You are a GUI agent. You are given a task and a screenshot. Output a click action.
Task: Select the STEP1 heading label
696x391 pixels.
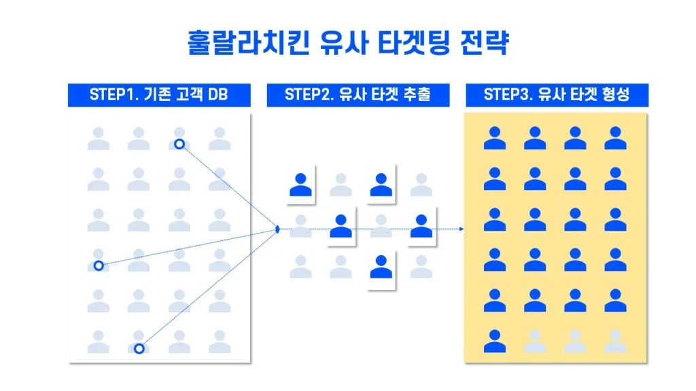click(158, 95)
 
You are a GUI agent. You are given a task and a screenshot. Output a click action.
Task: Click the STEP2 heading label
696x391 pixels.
click(358, 95)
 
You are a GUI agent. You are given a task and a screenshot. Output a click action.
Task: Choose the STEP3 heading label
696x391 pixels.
click(556, 95)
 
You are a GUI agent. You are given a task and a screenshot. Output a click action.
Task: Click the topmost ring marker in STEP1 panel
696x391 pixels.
click(179, 144)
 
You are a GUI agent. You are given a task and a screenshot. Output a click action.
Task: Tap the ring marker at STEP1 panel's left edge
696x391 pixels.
click(99, 265)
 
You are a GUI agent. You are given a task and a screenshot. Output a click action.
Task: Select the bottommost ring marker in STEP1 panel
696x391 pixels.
click(139, 348)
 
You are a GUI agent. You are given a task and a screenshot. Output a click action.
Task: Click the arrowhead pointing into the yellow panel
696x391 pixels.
click(462, 229)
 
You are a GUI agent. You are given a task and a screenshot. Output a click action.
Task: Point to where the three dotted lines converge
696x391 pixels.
click(279, 229)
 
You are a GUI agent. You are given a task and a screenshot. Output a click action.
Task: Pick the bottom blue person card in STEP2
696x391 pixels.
click(381, 268)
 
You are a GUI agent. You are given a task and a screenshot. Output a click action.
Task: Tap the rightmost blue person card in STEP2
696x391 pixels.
click(421, 226)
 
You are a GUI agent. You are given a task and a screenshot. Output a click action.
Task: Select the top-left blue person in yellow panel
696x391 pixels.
click(494, 138)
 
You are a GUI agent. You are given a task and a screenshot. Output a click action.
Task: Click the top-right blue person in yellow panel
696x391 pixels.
click(615, 138)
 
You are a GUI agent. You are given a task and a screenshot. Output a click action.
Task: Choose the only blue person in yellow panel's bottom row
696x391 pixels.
click(494, 341)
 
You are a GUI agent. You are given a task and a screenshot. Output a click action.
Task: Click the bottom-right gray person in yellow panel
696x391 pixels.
click(615, 341)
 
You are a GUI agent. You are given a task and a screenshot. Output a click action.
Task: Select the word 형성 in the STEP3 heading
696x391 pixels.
click(615, 95)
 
